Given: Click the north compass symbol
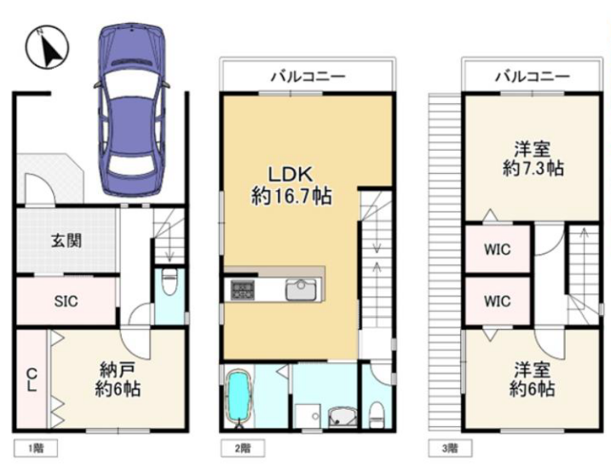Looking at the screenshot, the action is coord(47,47).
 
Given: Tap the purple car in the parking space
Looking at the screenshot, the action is coord(132,109).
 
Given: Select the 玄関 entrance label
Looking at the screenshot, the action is coord(66,241).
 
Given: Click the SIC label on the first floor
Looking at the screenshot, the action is coord(66,301).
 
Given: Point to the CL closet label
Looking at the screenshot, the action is coord(32,380).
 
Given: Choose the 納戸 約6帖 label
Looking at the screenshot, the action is coord(118,378).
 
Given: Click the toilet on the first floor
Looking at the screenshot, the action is coord(170,280).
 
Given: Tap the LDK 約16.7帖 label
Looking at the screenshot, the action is coord(291,185).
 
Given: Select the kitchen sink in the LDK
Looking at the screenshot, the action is coord(301,290).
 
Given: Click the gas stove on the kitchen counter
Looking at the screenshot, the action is coord(242,290).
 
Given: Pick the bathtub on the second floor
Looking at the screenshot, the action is coord(237,398).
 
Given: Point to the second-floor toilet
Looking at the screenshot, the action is coord(377,414).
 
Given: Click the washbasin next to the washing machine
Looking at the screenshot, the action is coord(343,417).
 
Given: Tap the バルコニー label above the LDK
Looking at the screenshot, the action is coord(308,76).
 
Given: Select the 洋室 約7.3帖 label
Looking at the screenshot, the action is coord(533,159).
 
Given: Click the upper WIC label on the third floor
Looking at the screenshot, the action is coord(497,249).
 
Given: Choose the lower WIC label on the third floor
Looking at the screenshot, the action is coord(497,301).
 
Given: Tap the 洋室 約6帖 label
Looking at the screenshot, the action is coord(532,378).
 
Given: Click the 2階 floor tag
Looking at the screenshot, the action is coord(243,448).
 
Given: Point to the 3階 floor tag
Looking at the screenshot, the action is coord(450,448).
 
